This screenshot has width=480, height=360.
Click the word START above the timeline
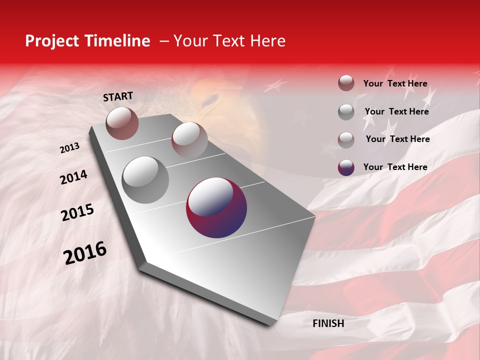tap(118, 96)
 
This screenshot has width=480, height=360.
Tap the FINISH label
tap(328, 323)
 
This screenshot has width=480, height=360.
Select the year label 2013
tap(69, 148)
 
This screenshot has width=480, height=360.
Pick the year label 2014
tap(73, 177)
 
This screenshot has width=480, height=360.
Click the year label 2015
tap(77, 212)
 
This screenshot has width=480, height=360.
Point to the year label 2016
tap(85, 253)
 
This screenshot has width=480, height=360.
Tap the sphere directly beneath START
tap(122, 123)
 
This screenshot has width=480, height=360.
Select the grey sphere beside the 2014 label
tap(145, 179)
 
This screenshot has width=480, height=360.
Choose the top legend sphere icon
tap(346, 83)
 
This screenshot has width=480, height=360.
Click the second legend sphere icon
tap(346, 112)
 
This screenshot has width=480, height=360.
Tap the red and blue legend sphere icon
tap(346, 167)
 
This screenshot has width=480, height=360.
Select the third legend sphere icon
tap(346, 140)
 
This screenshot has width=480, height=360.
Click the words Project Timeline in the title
tap(87, 41)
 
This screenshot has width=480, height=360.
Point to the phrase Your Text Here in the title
tap(229, 41)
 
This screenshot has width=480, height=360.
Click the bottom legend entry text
tap(395, 167)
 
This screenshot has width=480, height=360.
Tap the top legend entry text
tap(395, 83)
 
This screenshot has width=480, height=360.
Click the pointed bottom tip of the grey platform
tap(270, 322)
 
